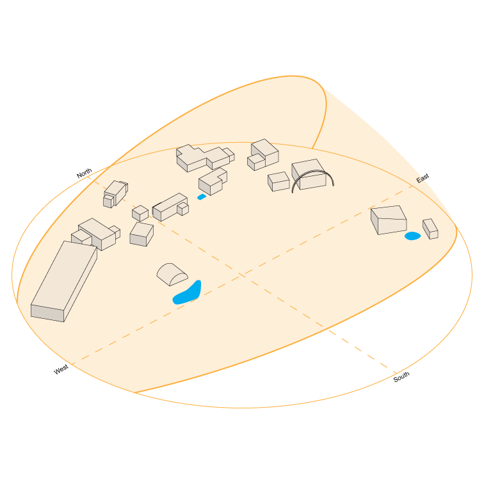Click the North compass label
tap(85, 173)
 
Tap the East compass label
tap(423, 179)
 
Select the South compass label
tap(401, 378)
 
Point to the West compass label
tap(61, 370)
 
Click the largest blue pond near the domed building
tap(188, 293)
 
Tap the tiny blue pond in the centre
tap(202, 197)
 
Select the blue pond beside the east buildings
tap(412, 236)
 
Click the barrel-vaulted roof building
tap(172, 274)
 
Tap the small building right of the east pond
tap(430, 229)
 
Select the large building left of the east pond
tap(389, 220)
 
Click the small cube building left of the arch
tap(278, 181)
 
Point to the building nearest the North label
tap(115, 193)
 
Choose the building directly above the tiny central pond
tap(213, 181)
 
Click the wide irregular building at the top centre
tap(204, 157)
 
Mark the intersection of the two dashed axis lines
tap(242, 276)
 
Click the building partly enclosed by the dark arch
tap(309, 173)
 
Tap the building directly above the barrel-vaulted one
tap(141, 234)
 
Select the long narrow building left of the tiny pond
tap(169, 207)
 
